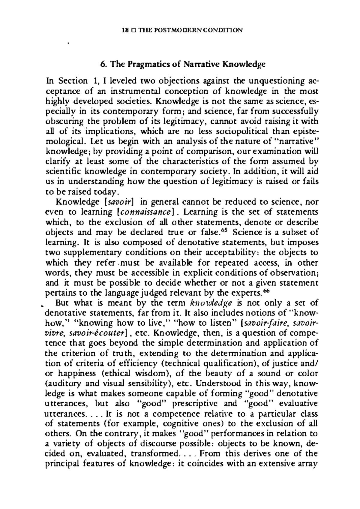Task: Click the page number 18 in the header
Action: point(125,30)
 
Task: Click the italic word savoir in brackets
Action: point(116,202)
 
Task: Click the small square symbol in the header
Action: point(132,30)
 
